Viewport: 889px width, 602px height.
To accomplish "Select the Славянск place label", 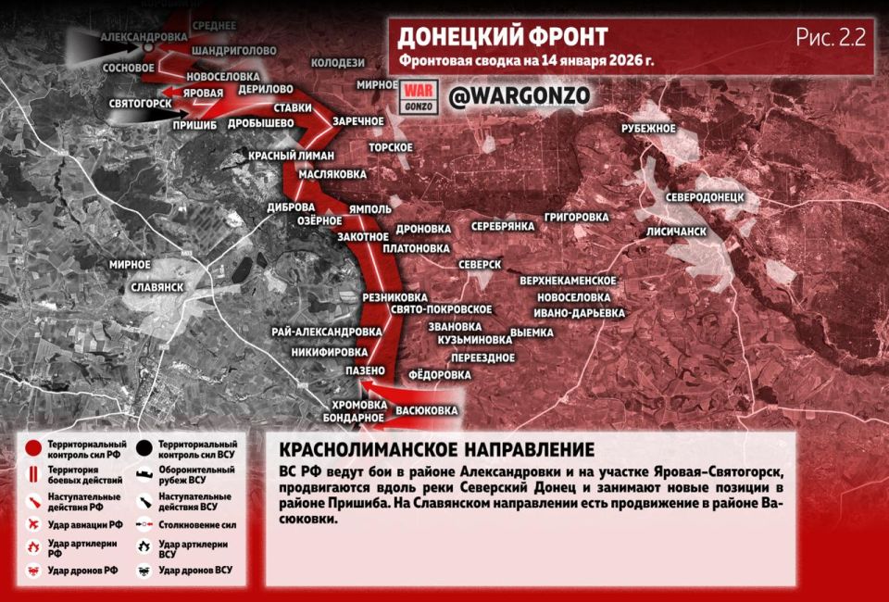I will point(157,287).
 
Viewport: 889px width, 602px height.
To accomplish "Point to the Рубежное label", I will point(648,128).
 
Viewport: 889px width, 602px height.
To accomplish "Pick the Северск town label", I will point(480,265).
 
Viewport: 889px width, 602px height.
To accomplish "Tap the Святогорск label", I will point(140,103).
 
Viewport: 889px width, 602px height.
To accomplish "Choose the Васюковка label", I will point(427,409).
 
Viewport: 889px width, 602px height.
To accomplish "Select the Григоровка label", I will point(577,217).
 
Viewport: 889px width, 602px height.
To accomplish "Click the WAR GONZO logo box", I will point(415,95).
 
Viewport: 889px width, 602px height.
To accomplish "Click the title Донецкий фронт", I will point(503,37).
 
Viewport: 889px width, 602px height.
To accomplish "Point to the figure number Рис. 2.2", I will point(830,37).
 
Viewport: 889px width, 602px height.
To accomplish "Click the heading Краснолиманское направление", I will point(435,450).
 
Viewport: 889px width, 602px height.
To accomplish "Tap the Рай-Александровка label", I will point(327,331).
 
